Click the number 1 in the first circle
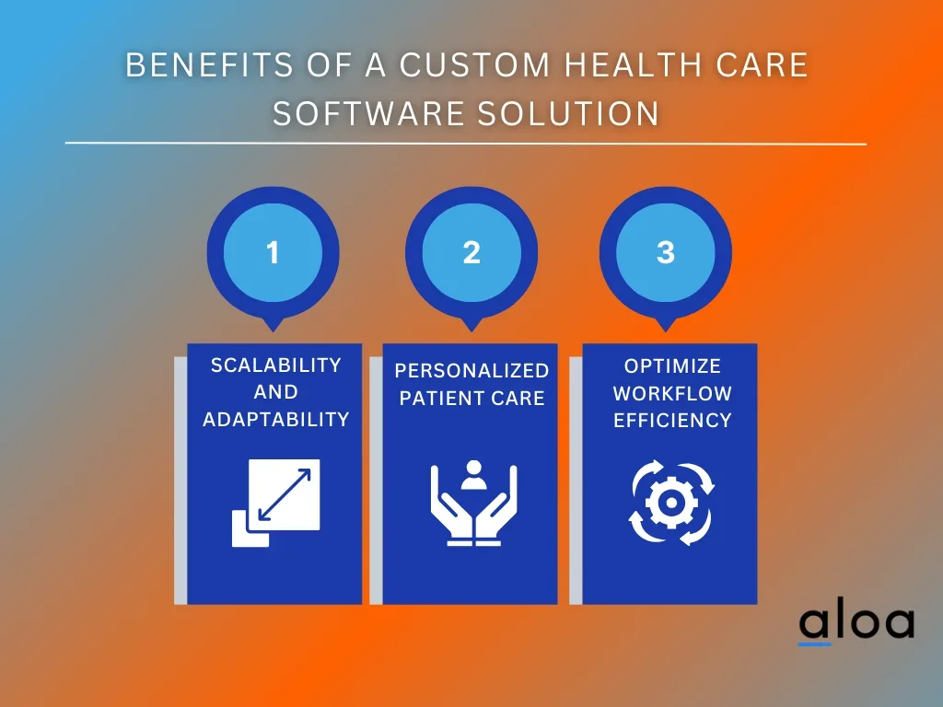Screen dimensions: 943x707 pyautogui.click(x=273, y=252)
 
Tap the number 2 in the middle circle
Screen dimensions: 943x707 pyautogui.click(x=471, y=252)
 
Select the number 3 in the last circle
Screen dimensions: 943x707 pyautogui.click(x=666, y=252)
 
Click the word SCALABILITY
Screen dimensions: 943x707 pyautogui.click(x=276, y=365)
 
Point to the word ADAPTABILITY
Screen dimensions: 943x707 pyautogui.click(x=276, y=419)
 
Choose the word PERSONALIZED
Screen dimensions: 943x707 pyautogui.click(x=472, y=370)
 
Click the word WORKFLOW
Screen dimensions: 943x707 pyautogui.click(x=672, y=393)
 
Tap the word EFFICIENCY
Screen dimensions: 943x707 pyautogui.click(x=672, y=420)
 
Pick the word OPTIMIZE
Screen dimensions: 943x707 pyautogui.click(x=672, y=365)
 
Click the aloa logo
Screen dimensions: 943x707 pyautogui.click(x=856, y=623)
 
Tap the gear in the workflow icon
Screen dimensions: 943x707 pyautogui.click(x=671, y=503)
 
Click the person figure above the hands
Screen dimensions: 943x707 pyautogui.click(x=473, y=476)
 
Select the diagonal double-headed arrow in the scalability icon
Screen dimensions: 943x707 pyautogui.click(x=284, y=494)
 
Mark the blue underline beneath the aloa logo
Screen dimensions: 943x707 pyautogui.click(x=814, y=643)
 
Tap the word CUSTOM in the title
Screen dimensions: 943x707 pyautogui.click(x=474, y=65)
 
